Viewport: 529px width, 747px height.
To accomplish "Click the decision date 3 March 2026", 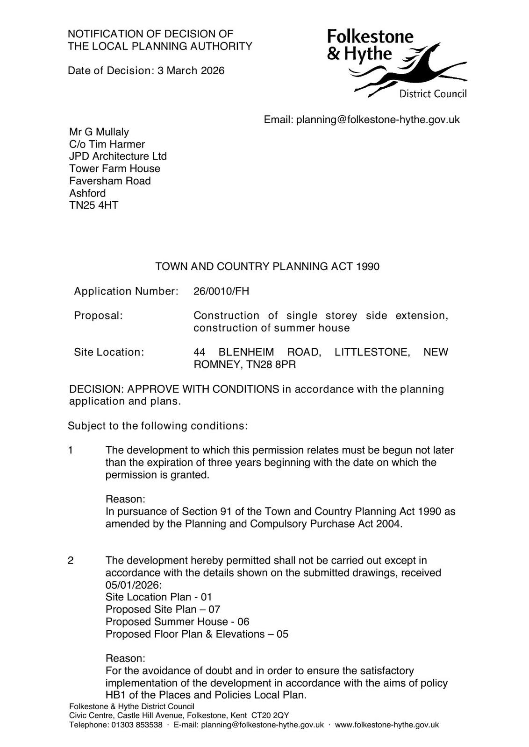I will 191,70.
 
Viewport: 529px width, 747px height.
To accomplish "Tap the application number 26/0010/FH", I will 221,291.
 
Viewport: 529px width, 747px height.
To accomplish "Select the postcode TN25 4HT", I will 93,205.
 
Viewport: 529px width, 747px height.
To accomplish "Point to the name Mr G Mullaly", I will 99,132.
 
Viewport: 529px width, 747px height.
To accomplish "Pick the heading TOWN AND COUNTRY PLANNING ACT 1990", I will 267,267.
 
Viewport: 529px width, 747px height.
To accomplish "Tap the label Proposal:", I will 98,316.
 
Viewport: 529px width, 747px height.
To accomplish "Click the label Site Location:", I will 109,352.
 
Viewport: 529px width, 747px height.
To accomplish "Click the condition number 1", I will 71,451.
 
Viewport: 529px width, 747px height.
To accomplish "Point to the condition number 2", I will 71,561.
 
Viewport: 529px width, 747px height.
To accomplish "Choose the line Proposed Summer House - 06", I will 177,622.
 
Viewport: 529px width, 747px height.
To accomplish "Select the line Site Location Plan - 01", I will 158,597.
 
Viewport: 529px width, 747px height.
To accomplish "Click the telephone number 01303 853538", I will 136,725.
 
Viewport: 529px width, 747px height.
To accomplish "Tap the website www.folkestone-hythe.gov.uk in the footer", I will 386,725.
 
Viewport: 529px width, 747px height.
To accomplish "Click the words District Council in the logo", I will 433,94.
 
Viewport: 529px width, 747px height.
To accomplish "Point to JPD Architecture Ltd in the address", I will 118,156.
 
